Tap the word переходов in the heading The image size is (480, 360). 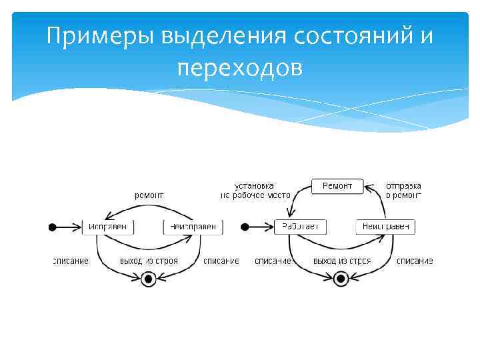(x=240, y=67)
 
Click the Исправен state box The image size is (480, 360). (x=108, y=227)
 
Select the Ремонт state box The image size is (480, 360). (x=337, y=185)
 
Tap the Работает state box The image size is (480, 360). (x=299, y=227)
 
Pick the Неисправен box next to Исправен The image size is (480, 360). (x=192, y=227)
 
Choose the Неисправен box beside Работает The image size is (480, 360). (x=386, y=227)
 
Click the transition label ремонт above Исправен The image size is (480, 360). (x=149, y=195)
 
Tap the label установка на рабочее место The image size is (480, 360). (x=256, y=190)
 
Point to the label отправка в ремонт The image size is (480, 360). (x=404, y=190)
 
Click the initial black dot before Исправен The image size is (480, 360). (x=53, y=227)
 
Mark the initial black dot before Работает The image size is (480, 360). (x=244, y=227)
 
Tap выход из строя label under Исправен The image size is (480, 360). (x=149, y=261)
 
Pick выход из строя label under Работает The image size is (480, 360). (x=342, y=261)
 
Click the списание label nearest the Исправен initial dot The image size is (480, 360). (x=71, y=261)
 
